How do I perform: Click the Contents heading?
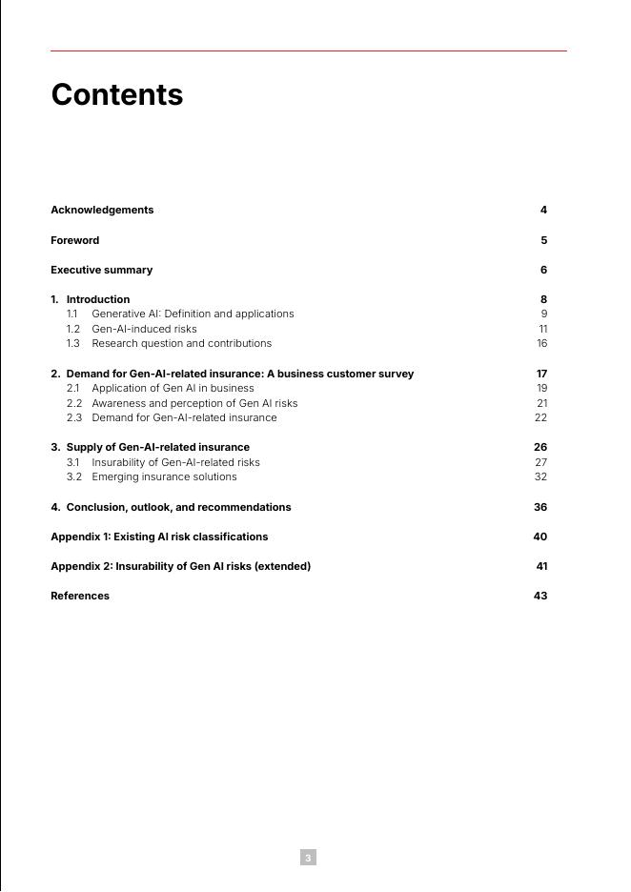click(x=116, y=95)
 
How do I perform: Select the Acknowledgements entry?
click(x=102, y=210)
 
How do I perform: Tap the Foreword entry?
click(x=74, y=240)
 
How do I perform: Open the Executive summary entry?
click(x=101, y=270)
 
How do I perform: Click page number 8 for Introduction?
click(x=543, y=299)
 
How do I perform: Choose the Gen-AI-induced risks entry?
click(x=144, y=329)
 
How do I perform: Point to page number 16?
click(x=541, y=343)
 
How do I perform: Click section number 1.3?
click(x=73, y=343)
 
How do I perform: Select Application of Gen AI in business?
click(x=173, y=388)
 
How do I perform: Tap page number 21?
click(x=541, y=403)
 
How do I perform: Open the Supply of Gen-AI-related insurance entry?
click(x=157, y=447)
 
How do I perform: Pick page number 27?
click(x=540, y=462)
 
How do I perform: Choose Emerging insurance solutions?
click(x=164, y=476)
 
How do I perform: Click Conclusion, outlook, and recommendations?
click(x=178, y=507)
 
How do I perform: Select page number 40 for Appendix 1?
click(x=540, y=537)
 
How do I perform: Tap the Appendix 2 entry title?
click(x=180, y=566)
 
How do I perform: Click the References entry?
click(x=80, y=596)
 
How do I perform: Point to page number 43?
click(x=540, y=596)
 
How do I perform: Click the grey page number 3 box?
click(x=308, y=858)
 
